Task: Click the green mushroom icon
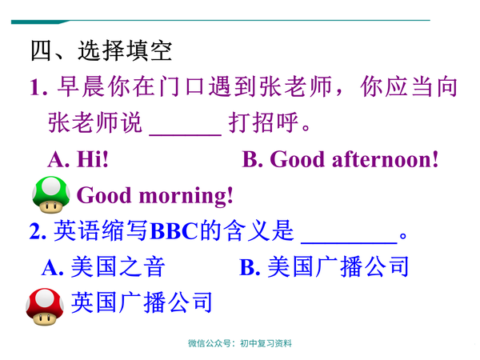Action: (50, 194)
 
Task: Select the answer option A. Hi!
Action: (78, 159)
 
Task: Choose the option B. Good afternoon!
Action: (341, 159)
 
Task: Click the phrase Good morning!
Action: (155, 195)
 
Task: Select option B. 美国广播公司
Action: (325, 266)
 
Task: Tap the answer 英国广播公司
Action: (142, 302)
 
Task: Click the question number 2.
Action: (36, 231)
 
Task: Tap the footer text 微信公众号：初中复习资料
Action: (240, 343)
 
